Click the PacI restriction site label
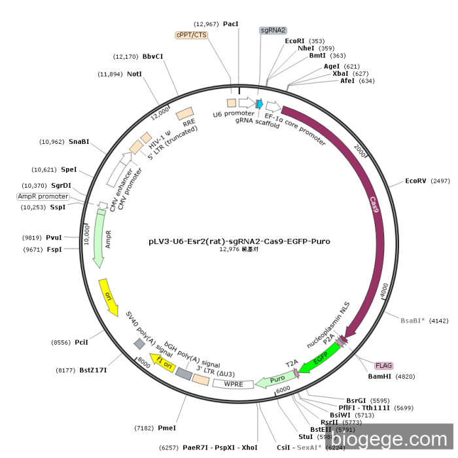231,24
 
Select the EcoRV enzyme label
416,181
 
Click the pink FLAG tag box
384,365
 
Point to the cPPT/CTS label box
191,35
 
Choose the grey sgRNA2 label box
273,30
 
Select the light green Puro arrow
275,379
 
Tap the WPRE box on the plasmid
233,383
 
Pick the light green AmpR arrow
100,239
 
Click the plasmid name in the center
239,241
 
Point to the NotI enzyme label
134,74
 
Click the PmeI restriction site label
167,427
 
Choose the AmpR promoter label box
43,196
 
